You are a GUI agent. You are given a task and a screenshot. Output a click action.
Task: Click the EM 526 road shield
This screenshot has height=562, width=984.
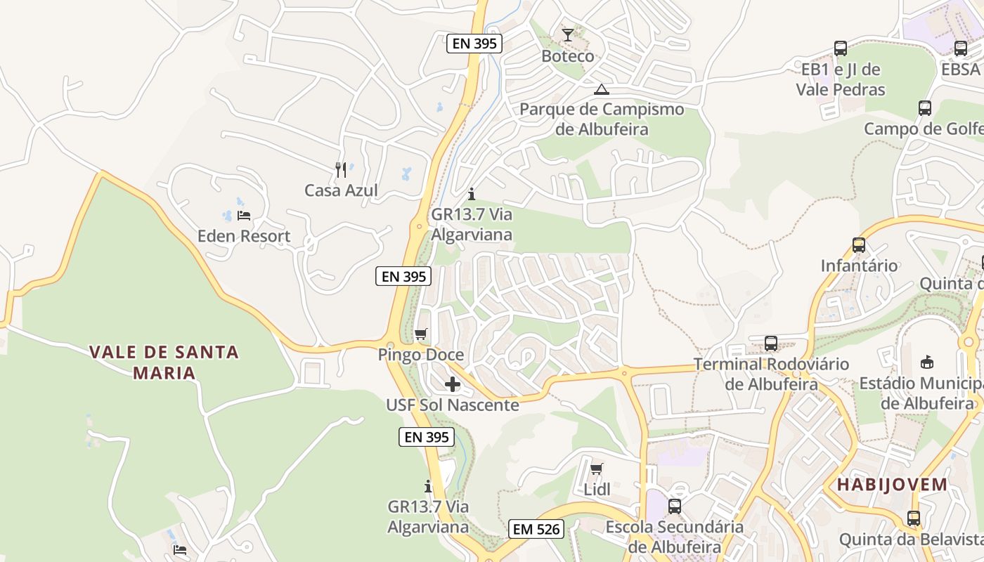click(537, 529)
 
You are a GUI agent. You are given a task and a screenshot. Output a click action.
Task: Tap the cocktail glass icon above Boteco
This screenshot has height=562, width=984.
click(568, 34)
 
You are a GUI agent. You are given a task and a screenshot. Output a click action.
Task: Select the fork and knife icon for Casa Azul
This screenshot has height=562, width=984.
click(341, 169)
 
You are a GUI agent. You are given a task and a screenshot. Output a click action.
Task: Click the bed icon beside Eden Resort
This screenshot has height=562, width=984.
click(244, 215)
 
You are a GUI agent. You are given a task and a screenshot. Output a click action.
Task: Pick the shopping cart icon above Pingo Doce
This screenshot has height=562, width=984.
click(420, 334)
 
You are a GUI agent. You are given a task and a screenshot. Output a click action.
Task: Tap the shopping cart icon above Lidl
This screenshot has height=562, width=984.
click(597, 469)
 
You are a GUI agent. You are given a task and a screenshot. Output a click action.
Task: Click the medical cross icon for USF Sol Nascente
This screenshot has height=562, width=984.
click(453, 384)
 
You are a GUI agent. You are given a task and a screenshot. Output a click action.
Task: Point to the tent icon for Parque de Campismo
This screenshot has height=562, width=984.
click(601, 89)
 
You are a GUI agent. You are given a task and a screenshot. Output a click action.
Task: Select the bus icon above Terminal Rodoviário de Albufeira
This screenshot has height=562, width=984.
click(771, 344)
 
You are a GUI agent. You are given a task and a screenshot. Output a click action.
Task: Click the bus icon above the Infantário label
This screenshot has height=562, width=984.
click(858, 245)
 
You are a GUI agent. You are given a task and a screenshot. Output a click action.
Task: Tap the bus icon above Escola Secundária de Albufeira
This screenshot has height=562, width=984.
click(675, 506)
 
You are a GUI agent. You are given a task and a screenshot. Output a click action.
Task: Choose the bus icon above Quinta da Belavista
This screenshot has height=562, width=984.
click(913, 518)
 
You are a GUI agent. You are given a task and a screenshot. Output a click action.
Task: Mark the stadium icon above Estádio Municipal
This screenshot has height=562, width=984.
click(927, 362)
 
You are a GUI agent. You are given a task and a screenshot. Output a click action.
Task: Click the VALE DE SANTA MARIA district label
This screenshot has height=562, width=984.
click(164, 362)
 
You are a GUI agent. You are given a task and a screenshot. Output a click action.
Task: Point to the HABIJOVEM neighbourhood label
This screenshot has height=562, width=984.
click(892, 484)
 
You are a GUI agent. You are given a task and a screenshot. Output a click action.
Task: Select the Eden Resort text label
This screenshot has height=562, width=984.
click(244, 236)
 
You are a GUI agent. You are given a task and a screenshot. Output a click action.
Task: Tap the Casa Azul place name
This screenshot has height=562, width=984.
click(341, 190)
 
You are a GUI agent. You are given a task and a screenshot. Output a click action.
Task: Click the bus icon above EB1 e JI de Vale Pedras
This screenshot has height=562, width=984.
click(841, 48)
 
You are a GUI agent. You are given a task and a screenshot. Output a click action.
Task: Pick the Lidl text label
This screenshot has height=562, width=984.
click(597, 490)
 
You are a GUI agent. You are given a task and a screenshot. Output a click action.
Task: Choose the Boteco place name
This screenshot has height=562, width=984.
click(568, 56)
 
